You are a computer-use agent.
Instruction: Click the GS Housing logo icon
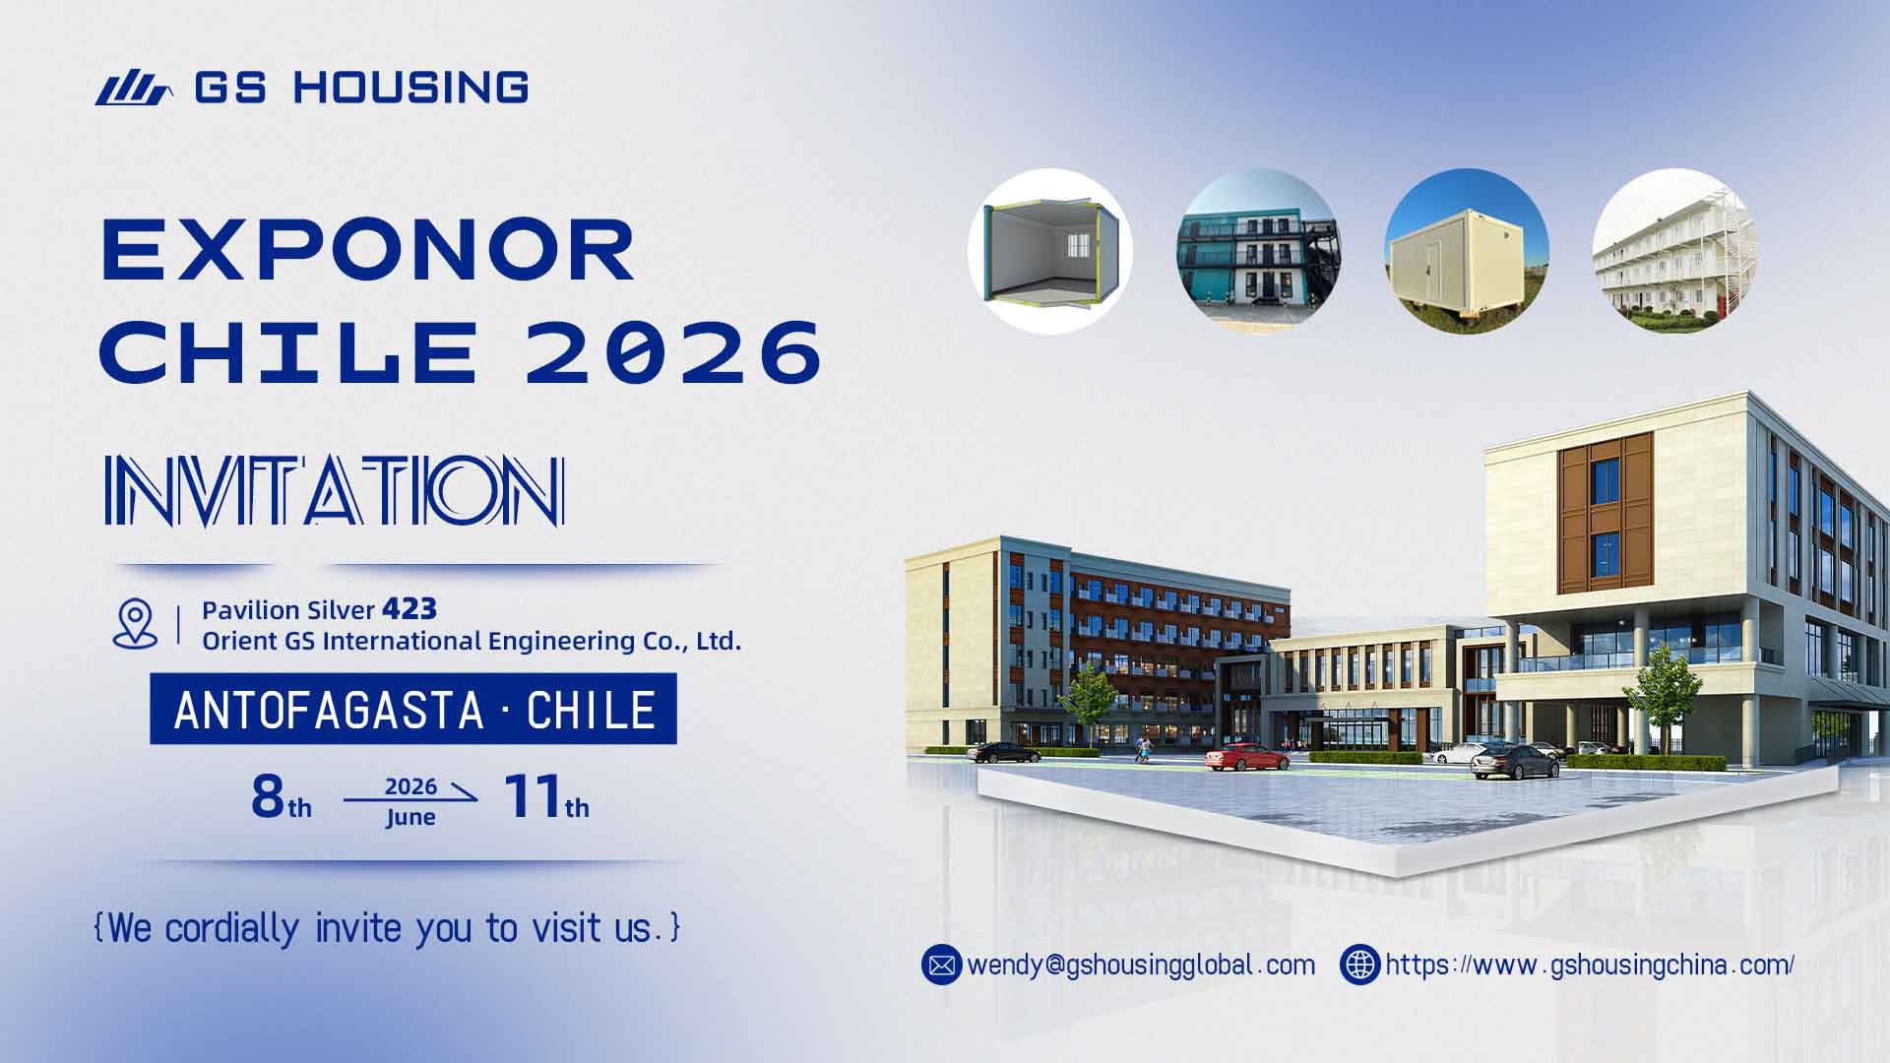134,89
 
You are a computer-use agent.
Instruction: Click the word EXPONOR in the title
368,251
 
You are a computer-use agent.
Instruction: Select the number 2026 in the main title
673,351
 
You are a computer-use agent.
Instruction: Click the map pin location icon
135,624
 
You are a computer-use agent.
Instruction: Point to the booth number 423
409,609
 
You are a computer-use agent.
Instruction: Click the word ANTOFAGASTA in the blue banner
329,710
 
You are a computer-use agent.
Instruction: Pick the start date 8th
281,798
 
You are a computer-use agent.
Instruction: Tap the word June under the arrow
410,818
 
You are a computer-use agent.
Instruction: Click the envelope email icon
941,965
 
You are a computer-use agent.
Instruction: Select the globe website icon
1359,965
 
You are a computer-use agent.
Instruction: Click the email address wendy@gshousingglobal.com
1141,965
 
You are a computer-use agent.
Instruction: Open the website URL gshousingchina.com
1589,965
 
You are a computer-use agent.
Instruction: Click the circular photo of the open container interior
1050,251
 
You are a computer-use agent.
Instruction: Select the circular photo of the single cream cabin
1466,251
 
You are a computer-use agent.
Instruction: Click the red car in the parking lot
1246,757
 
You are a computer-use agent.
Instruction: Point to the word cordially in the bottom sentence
231,928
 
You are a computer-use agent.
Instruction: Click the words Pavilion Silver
288,610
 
